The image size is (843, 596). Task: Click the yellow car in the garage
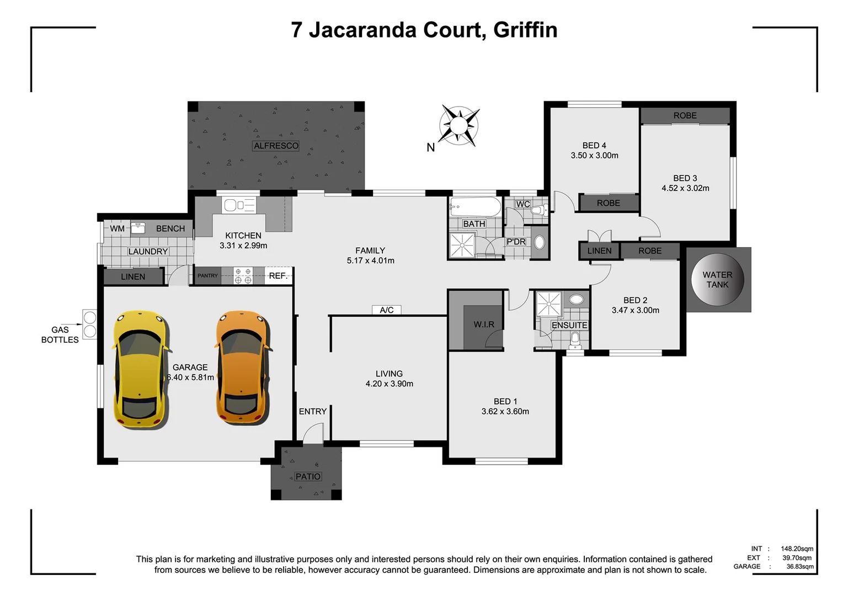click(x=140, y=369)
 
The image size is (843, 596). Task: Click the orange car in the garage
click(x=243, y=369)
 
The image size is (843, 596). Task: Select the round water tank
click(x=717, y=280)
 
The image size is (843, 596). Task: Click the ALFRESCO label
click(x=276, y=146)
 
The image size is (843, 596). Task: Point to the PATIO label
click(x=307, y=476)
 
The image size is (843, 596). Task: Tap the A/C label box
click(x=387, y=310)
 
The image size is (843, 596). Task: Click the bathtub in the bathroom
click(x=475, y=208)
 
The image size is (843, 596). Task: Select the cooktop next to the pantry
click(x=243, y=276)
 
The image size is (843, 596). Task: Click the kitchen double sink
click(x=239, y=205)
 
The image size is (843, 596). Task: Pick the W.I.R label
click(x=484, y=324)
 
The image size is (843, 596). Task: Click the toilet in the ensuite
click(x=575, y=339)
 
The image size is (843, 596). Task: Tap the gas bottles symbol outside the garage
click(x=89, y=324)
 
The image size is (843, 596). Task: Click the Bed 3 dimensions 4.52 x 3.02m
click(x=685, y=188)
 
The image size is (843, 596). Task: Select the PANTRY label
click(x=208, y=276)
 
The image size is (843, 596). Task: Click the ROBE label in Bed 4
click(x=608, y=203)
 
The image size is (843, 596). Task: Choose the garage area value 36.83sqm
click(x=799, y=567)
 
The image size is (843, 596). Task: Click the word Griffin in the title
click(x=525, y=30)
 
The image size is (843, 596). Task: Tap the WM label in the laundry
click(x=117, y=228)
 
